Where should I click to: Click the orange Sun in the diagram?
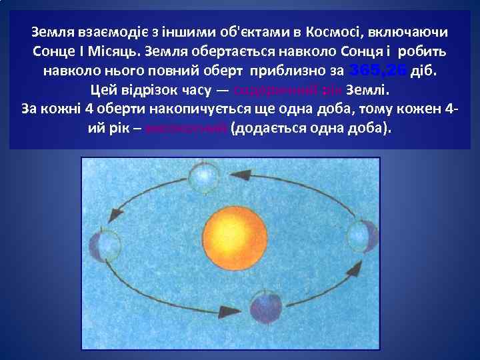tap(235, 239)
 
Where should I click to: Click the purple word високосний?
tap(195, 127)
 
